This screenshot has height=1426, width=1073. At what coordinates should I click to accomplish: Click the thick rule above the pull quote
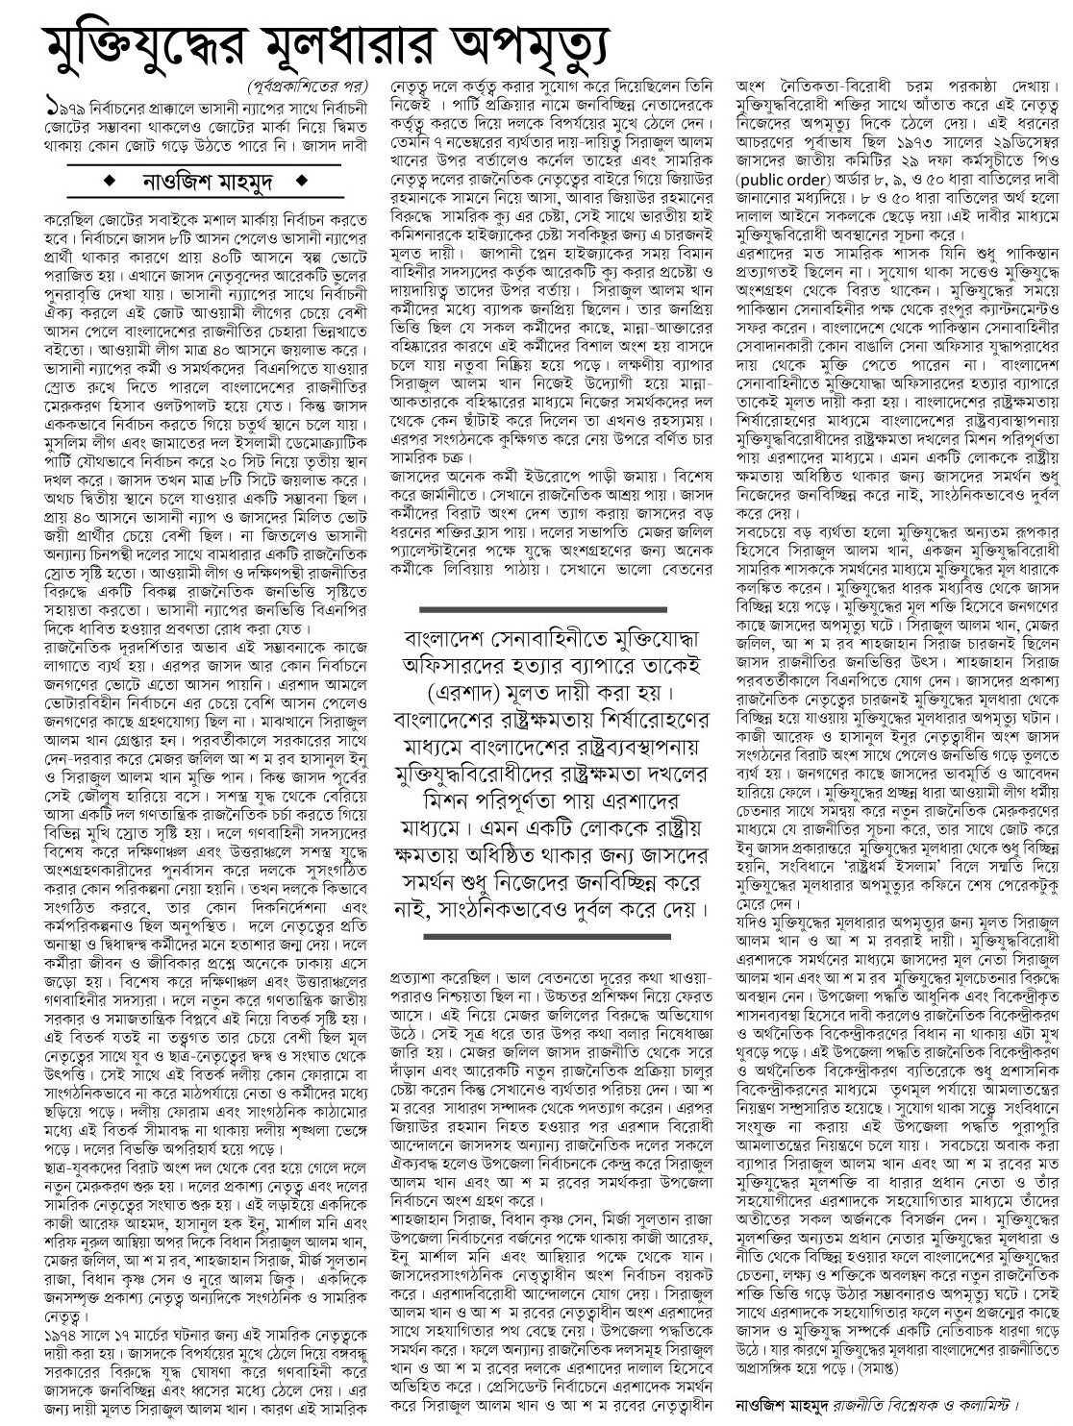click(x=546, y=609)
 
